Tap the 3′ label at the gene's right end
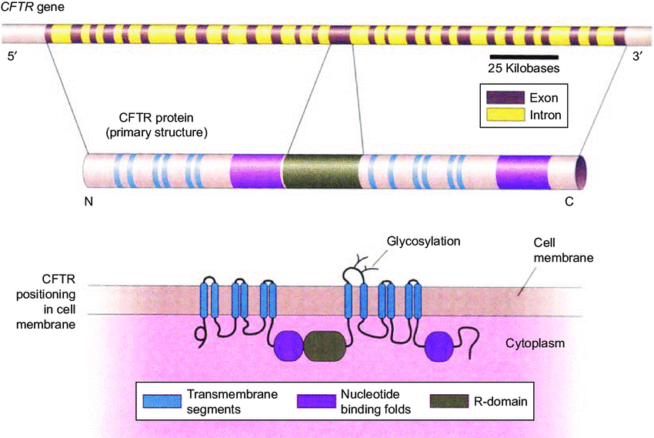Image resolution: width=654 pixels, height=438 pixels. click(x=637, y=58)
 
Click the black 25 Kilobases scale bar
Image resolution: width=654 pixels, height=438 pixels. click(x=522, y=55)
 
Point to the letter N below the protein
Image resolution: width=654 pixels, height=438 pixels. click(x=88, y=203)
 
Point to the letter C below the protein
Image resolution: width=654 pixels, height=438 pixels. click(x=569, y=203)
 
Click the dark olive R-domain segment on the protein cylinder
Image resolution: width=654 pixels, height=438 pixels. click(x=322, y=171)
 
